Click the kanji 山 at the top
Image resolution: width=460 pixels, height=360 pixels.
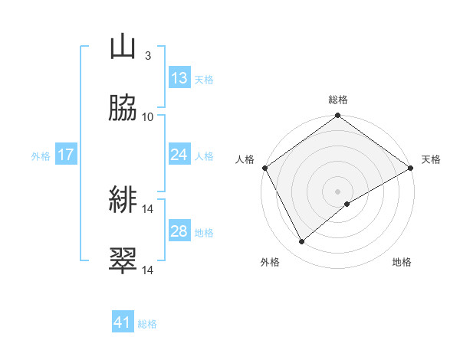tap(123, 47)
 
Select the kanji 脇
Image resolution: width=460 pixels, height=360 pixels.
tap(123, 109)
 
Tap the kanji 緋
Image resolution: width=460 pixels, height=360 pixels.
tap(123, 201)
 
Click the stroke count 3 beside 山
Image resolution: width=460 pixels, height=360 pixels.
tap(147, 55)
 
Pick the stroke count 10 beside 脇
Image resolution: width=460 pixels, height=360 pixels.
tap(148, 116)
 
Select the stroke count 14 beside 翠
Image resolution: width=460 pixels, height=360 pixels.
tap(148, 270)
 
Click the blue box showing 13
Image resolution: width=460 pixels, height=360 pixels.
tap(179, 78)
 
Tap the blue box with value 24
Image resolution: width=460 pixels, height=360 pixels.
tap(179, 155)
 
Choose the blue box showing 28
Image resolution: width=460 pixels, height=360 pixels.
tap(179, 231)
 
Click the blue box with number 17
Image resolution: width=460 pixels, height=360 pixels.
tap(66, 155)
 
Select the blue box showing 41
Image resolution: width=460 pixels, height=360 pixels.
tap(123, 322)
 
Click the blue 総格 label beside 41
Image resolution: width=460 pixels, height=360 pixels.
tap(147, 324)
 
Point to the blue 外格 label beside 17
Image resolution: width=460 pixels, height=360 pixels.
tap(41, 156)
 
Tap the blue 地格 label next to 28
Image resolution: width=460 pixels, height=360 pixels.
tap(204, 233)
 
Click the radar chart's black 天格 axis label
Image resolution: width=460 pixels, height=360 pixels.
tap(431, 159)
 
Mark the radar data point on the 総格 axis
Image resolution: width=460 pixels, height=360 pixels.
tap(337, 116)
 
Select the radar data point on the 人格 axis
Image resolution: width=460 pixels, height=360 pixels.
tap(264, 168)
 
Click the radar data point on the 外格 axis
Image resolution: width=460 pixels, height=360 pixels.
tap(302, 241)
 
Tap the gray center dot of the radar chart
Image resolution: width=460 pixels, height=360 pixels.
tap(337, 191)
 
